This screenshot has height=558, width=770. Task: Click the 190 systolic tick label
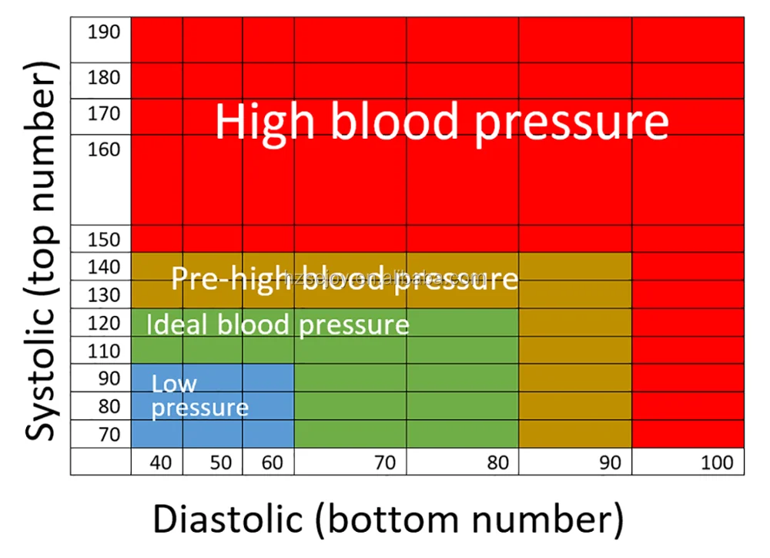(x=104, y=32)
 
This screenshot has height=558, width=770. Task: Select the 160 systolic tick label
(x=104, y=149)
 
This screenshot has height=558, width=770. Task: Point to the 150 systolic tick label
(x=104, y=240)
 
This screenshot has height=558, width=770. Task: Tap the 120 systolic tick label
(x=104, y=324)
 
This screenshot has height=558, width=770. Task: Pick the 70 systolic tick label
(x=109, y=435)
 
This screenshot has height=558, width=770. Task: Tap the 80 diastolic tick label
(x=497, y=463)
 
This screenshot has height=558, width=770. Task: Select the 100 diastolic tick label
(x=718, y=463)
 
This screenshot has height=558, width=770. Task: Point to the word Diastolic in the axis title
(x=228, y=520)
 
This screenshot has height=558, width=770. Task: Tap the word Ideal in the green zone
(x=177, y=324)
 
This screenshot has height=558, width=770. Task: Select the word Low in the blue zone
(x=174, y=383)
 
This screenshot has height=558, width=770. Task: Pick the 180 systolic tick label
(x=104, y=77)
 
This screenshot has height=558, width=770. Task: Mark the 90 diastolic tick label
(x=610, y=463)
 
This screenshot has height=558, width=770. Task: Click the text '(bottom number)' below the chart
(x=469, y=520)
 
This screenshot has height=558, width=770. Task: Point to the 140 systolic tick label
(x=104, y=267)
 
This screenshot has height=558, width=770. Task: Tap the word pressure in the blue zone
(x=199, y=408)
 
